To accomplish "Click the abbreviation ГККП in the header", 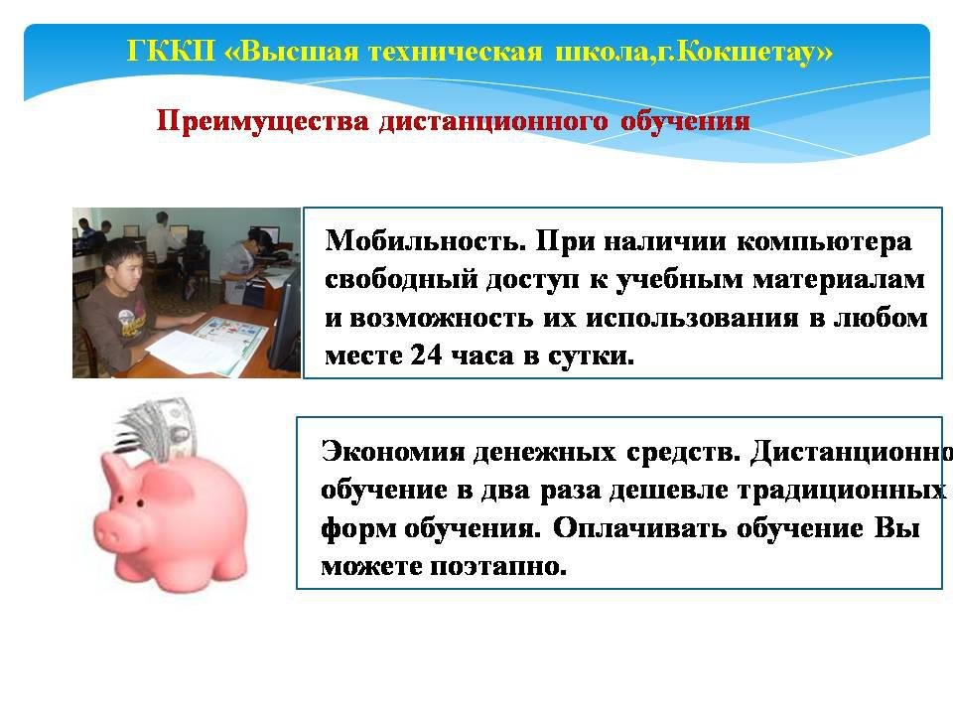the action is coord(172,51).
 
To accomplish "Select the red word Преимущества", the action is coord(262,121).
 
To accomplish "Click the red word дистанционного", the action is coord(493,121).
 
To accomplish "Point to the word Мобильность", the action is coord(425,240).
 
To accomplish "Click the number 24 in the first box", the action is coord(426,355).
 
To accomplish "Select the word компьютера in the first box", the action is coord(824,242).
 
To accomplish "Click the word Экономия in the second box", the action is coord(393,452).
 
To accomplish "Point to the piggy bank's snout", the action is coord(109,534).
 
